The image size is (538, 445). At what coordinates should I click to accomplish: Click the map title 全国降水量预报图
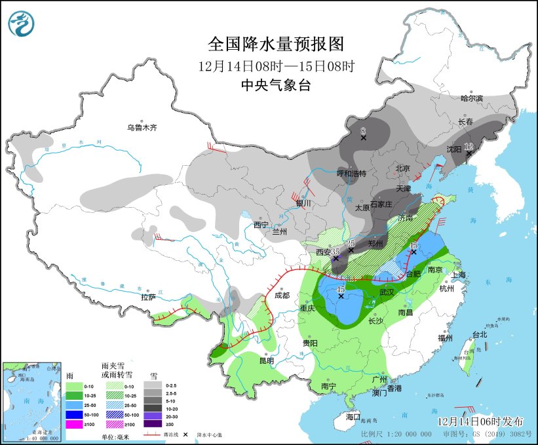[275, 44]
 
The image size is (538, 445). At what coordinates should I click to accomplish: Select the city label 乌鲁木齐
[142, 128]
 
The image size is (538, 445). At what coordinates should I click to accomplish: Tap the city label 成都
[282, 295]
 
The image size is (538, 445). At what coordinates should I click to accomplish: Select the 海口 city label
[353, 417]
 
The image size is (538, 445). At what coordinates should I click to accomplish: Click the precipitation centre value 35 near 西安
[335, 251]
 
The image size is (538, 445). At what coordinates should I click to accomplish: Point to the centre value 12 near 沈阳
[469, 146]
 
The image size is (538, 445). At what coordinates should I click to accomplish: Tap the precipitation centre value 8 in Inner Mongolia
[363, 130]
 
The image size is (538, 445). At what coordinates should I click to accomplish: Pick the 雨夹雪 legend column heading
[117, 370]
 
